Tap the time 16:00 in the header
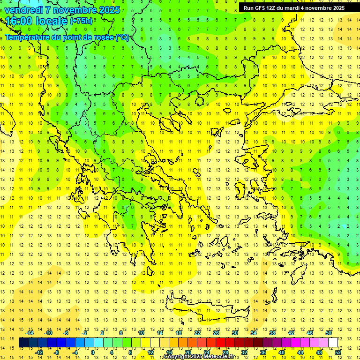point(21,21)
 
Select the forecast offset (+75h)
point(81,21)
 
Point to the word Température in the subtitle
point(29,37)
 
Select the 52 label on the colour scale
point(338,352)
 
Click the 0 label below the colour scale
point(93,352)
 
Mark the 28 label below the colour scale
point(225,352)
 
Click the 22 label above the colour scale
point(197,333)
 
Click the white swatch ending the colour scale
point(333,343)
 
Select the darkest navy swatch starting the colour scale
point(23,343)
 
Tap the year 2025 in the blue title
point(109,10)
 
